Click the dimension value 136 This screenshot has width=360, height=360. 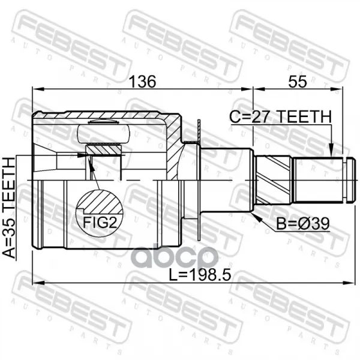(x=143, y=82)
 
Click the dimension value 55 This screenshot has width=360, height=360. (x=298, y=82)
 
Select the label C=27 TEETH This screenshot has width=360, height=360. (x=281, y=116)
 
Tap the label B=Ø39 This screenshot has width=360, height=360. (x=302, y=224)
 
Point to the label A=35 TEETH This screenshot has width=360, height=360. (x=9, y=208)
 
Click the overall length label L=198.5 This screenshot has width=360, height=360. (x=200, y=275)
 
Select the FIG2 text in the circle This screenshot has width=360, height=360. (x=100, y=222)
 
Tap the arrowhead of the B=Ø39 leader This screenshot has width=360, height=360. (x=257, y=217)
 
